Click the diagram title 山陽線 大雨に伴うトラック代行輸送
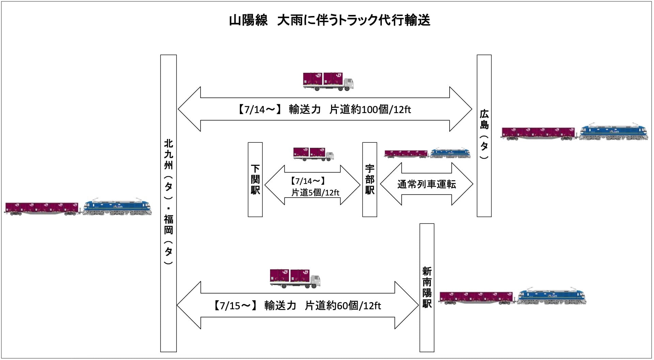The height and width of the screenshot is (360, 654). (x=329, y=20)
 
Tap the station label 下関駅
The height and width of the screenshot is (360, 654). (x=255, y=179)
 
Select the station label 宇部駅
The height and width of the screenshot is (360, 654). (x=370, y=179)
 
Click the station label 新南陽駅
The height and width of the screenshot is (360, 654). (x=427, y=288)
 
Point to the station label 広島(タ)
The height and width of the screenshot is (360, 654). (x=484, y=135)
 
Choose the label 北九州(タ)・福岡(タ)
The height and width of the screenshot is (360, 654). (x=168, y=203)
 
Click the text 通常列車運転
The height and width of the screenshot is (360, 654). (x=426, y=184)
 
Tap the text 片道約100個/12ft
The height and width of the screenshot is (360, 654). (x=370, y=110)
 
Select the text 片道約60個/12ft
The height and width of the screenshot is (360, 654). (x=343, y=306)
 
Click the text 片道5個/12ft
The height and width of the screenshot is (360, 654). (x=315, y=193)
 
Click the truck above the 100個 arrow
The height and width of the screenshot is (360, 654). (x=328, y=81)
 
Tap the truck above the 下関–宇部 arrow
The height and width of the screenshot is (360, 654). (x=313, y=154)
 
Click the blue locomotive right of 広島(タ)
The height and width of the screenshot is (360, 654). (x=613, y=132)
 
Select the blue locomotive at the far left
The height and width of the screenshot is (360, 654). (x=116, y=207)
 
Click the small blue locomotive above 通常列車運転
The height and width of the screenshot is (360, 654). (x=450, y=153)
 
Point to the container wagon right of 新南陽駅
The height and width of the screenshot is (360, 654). (x=476, y=297)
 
